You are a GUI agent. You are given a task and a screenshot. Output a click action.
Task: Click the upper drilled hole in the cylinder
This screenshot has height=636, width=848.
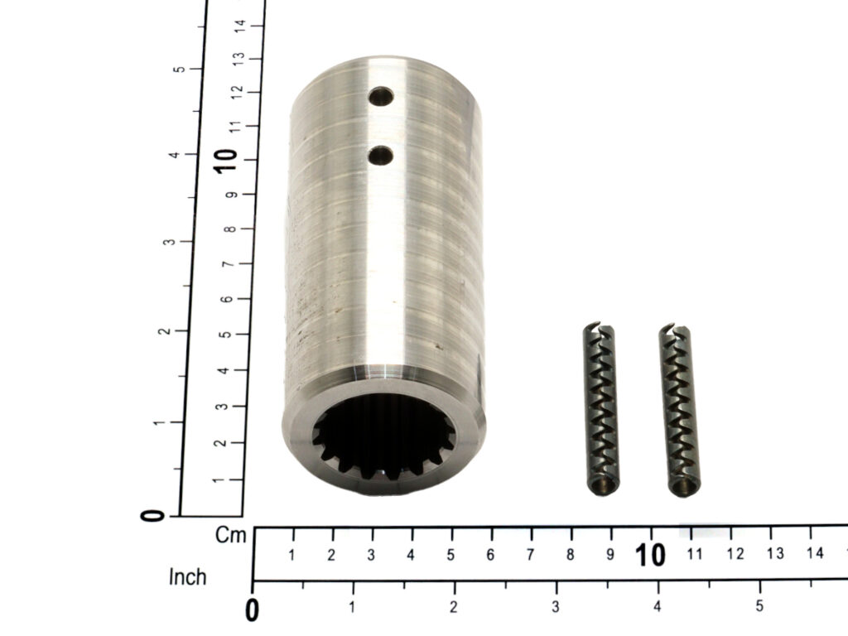tap(381, 97)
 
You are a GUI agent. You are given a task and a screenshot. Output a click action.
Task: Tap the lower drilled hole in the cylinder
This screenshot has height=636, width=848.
tap(381, 156)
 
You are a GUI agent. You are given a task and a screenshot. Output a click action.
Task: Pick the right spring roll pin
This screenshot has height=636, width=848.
tap(679, 410)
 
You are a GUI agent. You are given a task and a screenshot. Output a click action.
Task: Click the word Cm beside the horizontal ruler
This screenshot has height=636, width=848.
tap(230, 536)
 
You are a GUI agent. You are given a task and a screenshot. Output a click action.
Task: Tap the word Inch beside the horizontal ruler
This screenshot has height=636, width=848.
tap(188, 577)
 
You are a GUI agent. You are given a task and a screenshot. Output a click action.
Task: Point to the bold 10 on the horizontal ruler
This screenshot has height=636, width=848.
tap(650, 555)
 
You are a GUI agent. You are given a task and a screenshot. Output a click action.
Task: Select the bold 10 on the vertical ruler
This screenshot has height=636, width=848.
tap(225, 161)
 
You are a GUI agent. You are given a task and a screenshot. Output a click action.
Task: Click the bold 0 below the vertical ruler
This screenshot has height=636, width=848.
tap(152, 515)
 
